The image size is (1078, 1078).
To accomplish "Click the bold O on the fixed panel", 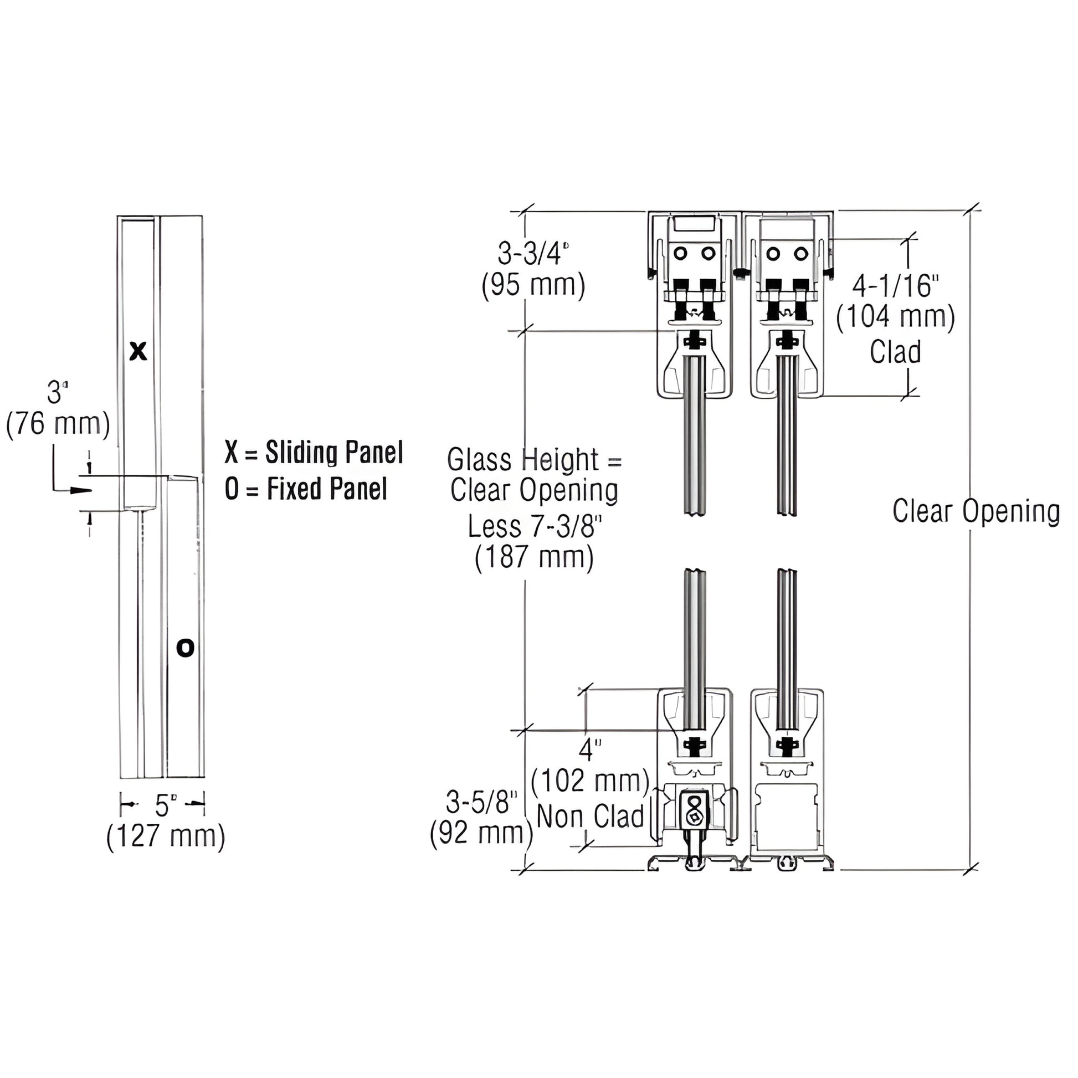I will [185, 648].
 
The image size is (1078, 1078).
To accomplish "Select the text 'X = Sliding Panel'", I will [314, 452].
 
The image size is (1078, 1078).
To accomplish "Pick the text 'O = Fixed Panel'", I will [306, 489].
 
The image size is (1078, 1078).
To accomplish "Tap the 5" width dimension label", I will [165, 805].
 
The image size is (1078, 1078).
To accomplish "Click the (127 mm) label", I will [166, 836].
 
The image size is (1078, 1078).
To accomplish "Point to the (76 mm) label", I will [58, 424].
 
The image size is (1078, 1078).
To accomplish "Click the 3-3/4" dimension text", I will [533, 254].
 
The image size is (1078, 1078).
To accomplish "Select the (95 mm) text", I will [533, 286].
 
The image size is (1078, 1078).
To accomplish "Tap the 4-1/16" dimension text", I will [895, 286].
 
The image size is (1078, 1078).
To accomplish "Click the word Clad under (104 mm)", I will [895, 352].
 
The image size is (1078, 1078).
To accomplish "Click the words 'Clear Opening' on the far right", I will [976, 511].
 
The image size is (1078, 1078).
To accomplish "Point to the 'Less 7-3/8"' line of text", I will [535, 526].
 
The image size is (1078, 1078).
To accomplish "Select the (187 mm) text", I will [534, 558].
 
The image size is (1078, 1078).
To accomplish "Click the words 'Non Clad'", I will [591, 817].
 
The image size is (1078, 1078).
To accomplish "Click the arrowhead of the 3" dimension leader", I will [81, 490].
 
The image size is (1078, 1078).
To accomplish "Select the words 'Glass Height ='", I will [534, 460].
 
